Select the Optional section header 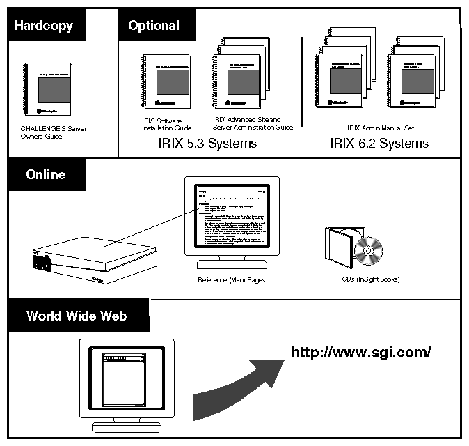[x=153, y=26]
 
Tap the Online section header [x=46, y=174]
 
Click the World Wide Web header [x=77, y=316]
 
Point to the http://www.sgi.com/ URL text [x=360, y=352]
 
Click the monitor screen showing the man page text [x=231, y=221]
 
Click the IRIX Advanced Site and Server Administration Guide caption [x=252, y=123]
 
